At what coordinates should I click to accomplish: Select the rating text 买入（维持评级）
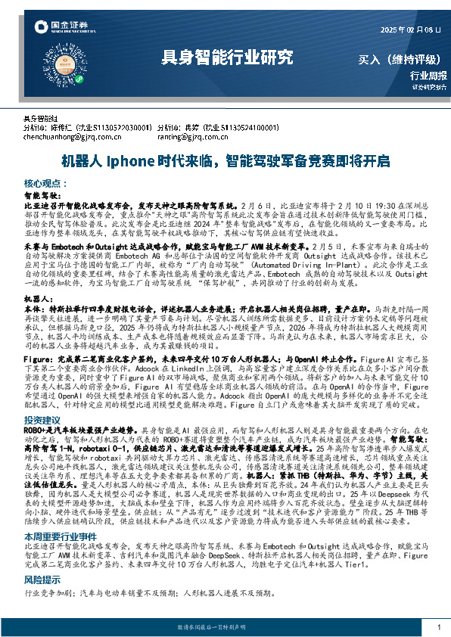click(401, 58)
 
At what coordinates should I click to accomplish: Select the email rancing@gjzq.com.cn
click(189, 138)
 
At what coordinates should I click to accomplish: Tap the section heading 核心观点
click(44, 184)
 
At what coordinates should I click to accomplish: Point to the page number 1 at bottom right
click(439, 627)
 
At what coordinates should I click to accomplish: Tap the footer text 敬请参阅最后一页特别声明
click(225, 628)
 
